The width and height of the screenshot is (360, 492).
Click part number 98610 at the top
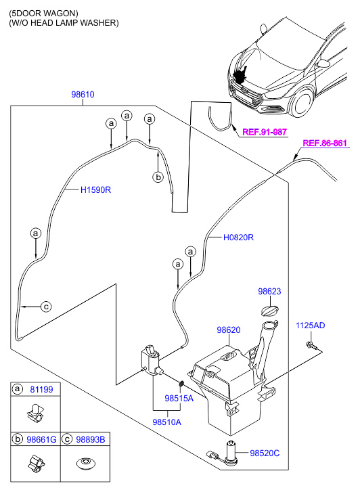(83, 95)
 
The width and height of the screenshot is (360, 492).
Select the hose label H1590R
(95, 190)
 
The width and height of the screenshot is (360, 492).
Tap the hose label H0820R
(238, 238)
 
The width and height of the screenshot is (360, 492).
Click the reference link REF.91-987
(265, 132)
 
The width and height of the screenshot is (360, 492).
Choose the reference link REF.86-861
(325, 143)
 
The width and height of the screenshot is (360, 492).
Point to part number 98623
(269, 291)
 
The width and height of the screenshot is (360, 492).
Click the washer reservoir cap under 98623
(270, 311)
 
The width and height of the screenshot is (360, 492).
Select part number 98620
(229, 330)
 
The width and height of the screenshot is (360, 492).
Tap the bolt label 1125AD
(310, 326)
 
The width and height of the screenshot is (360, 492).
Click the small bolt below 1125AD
(311, 346)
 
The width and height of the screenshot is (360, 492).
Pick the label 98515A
(179, 398)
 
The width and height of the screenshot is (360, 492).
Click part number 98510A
(166, 422)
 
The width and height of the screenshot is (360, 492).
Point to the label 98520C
(265, 453)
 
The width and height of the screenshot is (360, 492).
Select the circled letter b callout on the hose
(158, 177)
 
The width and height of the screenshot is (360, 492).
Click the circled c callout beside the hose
(46, 307)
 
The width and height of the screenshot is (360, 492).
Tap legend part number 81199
(41, 389)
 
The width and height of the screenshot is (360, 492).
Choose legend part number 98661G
(41, 440)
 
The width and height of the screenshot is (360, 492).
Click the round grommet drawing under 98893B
(86, 463)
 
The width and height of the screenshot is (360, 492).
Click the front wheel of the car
(302, 102)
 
